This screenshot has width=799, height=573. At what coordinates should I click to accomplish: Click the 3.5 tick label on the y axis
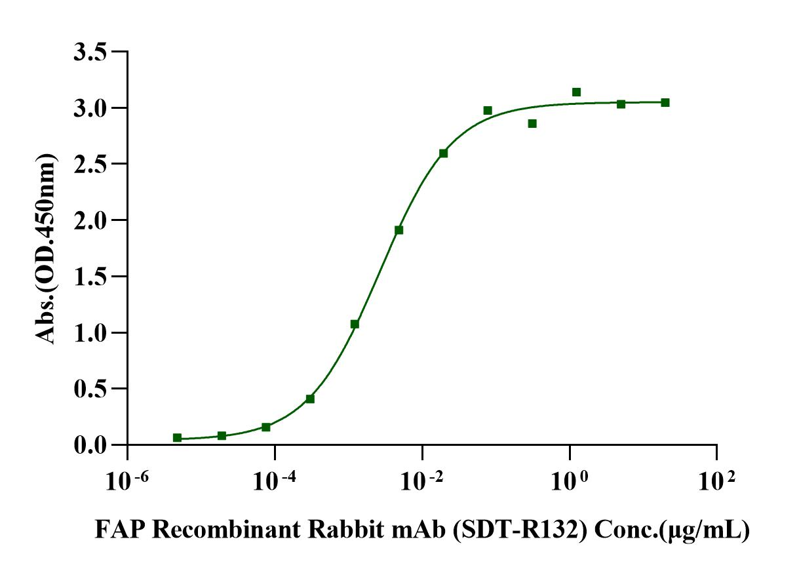91,52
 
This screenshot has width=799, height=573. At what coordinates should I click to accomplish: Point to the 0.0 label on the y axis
91,445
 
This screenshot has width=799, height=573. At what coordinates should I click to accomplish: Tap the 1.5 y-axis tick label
91,277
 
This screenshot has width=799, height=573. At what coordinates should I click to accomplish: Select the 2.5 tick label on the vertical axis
91,164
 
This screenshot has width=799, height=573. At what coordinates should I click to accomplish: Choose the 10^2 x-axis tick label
718,482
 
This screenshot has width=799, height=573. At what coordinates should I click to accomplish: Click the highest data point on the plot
576,92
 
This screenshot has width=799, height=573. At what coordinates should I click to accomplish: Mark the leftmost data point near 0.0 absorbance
177,437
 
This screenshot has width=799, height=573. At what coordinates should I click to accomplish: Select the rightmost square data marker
665,102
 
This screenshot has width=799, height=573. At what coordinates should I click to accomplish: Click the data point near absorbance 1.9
399,230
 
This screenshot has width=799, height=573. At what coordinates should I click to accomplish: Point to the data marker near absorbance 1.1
355,324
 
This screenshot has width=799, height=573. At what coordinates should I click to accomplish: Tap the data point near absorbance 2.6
443,153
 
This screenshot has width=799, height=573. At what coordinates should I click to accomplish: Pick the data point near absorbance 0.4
310,399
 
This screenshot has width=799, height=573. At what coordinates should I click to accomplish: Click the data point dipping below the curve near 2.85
532,123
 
